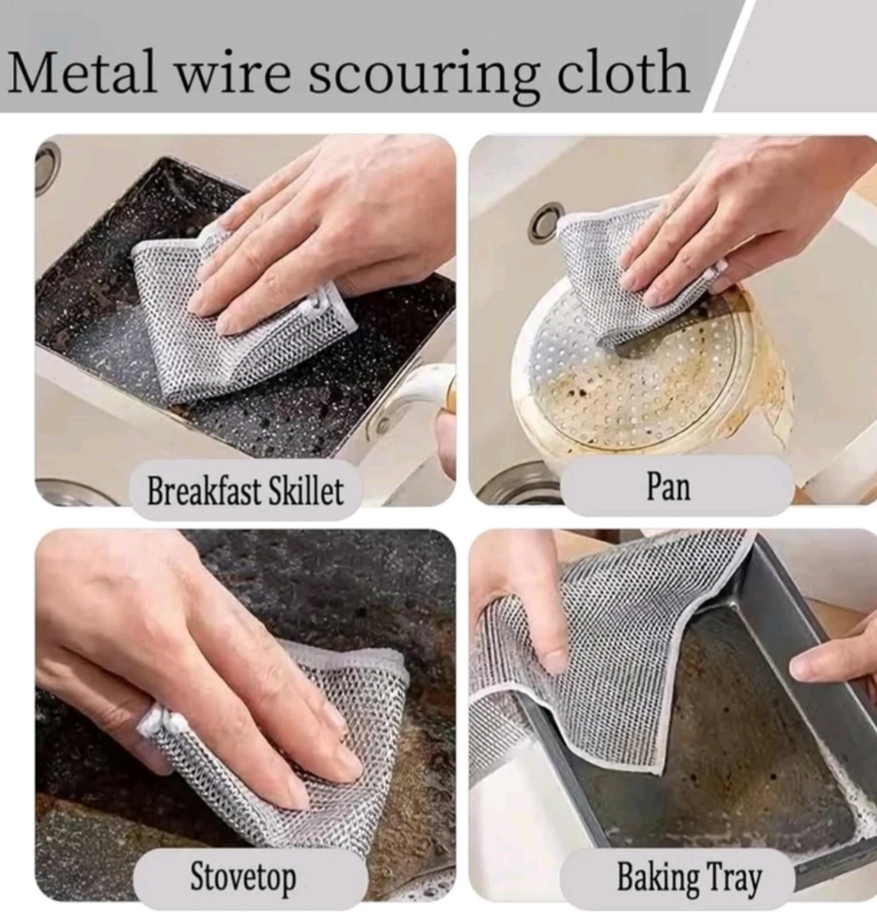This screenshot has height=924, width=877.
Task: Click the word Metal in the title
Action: (x=84, y=72)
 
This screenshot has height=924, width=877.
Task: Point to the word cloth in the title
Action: (x=623, y=71)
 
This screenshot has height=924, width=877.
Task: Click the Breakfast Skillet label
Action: (x=245, y=490)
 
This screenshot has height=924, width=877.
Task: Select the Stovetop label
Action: (x=244, y=877)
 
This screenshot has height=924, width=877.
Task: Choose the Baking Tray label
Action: (x=689, y=877)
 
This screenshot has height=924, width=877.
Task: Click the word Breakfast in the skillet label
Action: (x=204, y=490)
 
